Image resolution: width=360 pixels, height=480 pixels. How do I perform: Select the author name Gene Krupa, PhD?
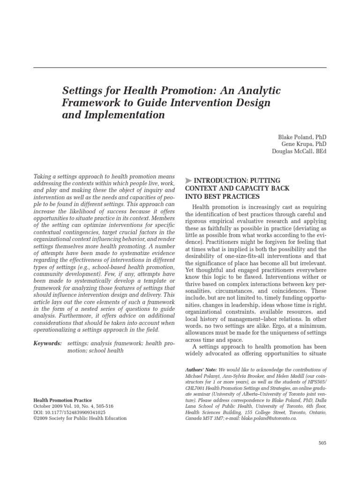(x=304, y=144)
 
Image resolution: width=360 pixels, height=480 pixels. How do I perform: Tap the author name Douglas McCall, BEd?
(x=299, y=151)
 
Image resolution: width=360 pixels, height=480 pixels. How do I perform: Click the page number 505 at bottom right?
(x=322, y=442)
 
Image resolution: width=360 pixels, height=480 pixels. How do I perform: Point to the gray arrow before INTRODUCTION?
(x=188, y=180)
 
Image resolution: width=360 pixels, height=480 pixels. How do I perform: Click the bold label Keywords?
(x=47, y=344)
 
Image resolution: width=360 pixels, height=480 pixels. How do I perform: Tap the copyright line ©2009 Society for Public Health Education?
(x=80, y=418)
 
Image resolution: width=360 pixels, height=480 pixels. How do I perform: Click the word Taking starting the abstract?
(x=43, y=176)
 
